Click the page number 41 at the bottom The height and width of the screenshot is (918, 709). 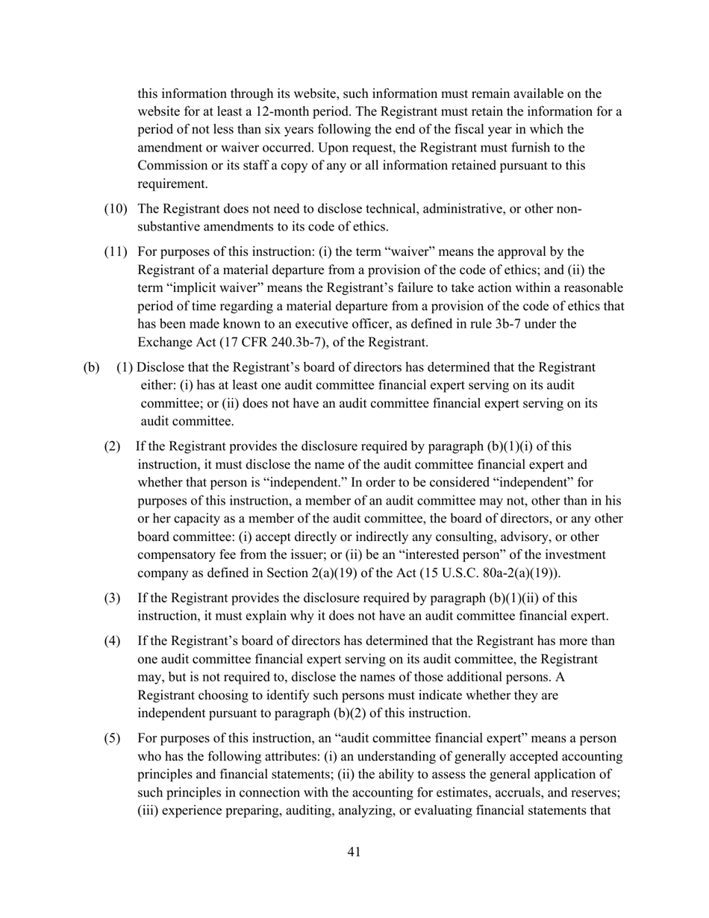(x=354, y=852)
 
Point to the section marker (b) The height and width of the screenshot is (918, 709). (x=90, y=367)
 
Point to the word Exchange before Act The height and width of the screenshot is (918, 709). (x=163, y=343)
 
